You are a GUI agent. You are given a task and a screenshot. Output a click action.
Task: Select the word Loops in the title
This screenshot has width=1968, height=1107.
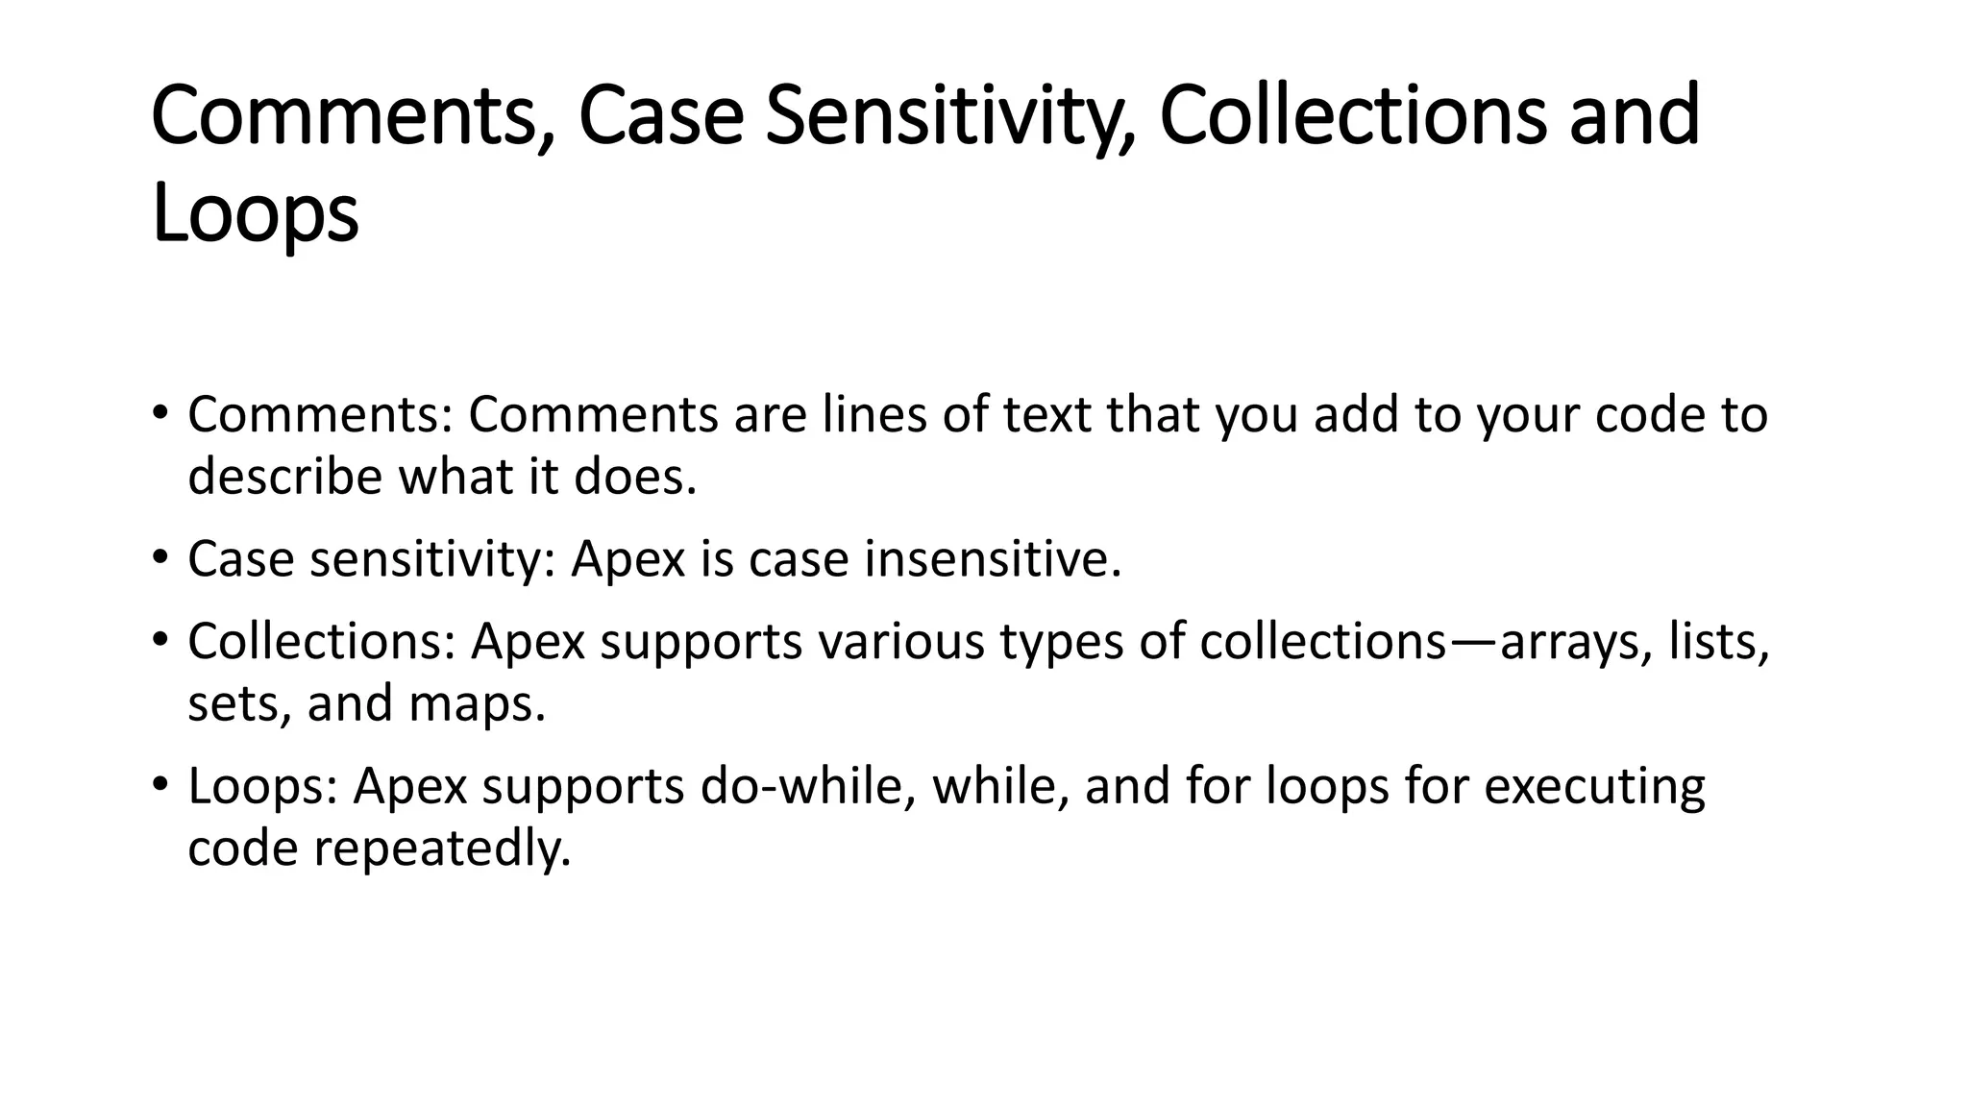[255, 213]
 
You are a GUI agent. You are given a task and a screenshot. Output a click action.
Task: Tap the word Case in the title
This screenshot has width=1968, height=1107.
[661, 117]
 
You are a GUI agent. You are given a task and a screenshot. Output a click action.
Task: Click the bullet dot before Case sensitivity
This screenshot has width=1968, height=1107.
[160, 557]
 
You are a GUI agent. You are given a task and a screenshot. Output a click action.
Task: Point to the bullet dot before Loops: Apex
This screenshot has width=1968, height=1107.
[160, 784]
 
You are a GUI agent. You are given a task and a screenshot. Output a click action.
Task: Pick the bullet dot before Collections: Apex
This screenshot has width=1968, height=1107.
[160, 639]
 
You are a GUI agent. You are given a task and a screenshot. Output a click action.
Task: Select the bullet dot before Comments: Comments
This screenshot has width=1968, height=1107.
[160, 413]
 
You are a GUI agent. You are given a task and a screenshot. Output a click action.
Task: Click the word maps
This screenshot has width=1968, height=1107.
[477, 703]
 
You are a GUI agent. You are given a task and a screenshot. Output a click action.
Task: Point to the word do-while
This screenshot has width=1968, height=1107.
[807, 785]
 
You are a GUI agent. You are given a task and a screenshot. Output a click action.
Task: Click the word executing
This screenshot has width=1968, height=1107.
[1594, 786]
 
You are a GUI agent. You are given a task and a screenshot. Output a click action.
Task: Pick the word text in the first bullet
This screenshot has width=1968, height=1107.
[1051, 415]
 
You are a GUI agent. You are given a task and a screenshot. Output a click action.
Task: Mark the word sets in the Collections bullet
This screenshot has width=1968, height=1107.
[239, 703]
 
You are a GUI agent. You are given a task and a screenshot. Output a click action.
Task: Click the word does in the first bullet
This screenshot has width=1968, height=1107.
[634, 476]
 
